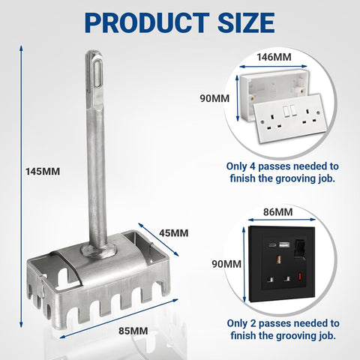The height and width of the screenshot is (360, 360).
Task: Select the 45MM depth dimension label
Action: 174,232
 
